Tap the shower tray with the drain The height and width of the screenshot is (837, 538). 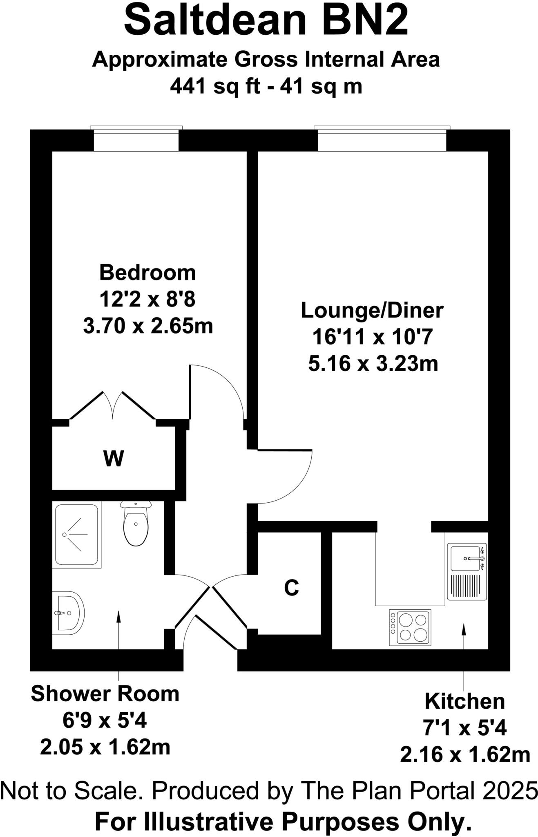(76, 535)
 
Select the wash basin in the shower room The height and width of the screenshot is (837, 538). (68, 613)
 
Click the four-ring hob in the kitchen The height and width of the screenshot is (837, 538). (410, 627)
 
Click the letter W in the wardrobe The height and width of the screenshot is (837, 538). (114, 459)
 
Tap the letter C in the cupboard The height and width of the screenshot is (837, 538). (292, 588)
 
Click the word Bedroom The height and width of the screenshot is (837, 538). (147, 273)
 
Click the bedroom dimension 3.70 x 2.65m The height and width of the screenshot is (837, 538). (148, 326)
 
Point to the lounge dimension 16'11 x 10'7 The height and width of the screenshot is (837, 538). (372, 337)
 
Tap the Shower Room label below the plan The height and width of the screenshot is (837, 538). (105, 694)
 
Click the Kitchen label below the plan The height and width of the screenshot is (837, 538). (465, 701)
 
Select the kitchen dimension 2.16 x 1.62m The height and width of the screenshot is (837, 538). (465, 754)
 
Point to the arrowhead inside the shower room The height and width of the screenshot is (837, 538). (118, 616)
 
